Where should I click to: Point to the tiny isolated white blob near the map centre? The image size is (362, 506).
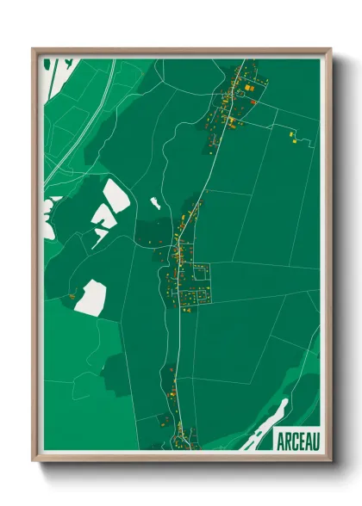click(x=155, y=203)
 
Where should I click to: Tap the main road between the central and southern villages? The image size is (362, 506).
click(x=178, y=344)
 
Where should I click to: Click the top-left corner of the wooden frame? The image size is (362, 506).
click(x=34, y=48)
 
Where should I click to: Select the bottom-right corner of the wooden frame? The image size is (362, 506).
click(x=330, y=461)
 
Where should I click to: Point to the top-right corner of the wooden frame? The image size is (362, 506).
click(x=330, y=48)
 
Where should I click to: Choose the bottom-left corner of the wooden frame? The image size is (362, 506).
click(x=34, y=461)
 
